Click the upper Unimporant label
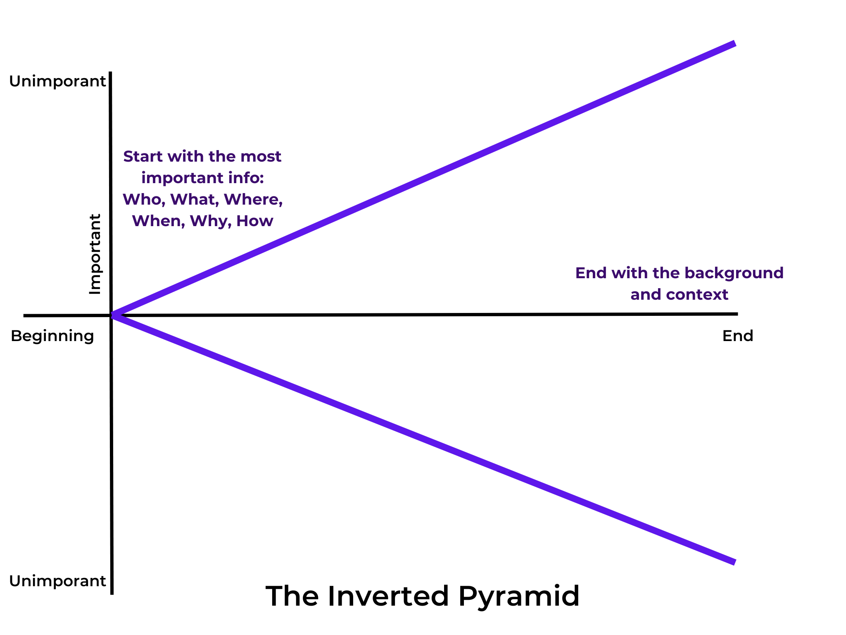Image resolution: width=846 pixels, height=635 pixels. (x=57, y=81)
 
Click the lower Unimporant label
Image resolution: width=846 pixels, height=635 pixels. (x=57, y=581)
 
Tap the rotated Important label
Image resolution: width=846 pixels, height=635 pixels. (x=95, y=254)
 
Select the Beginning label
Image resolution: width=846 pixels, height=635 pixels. (x=52, y=336)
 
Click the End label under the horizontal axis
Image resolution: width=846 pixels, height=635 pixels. (x=737, y=336)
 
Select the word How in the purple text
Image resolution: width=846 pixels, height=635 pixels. (x=254, y=221)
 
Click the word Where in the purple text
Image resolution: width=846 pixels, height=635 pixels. (x=253, y=199)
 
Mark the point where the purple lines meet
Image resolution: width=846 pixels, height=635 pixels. (x=112, y=315)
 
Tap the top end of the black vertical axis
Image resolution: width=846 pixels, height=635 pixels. (x=110, y=73)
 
